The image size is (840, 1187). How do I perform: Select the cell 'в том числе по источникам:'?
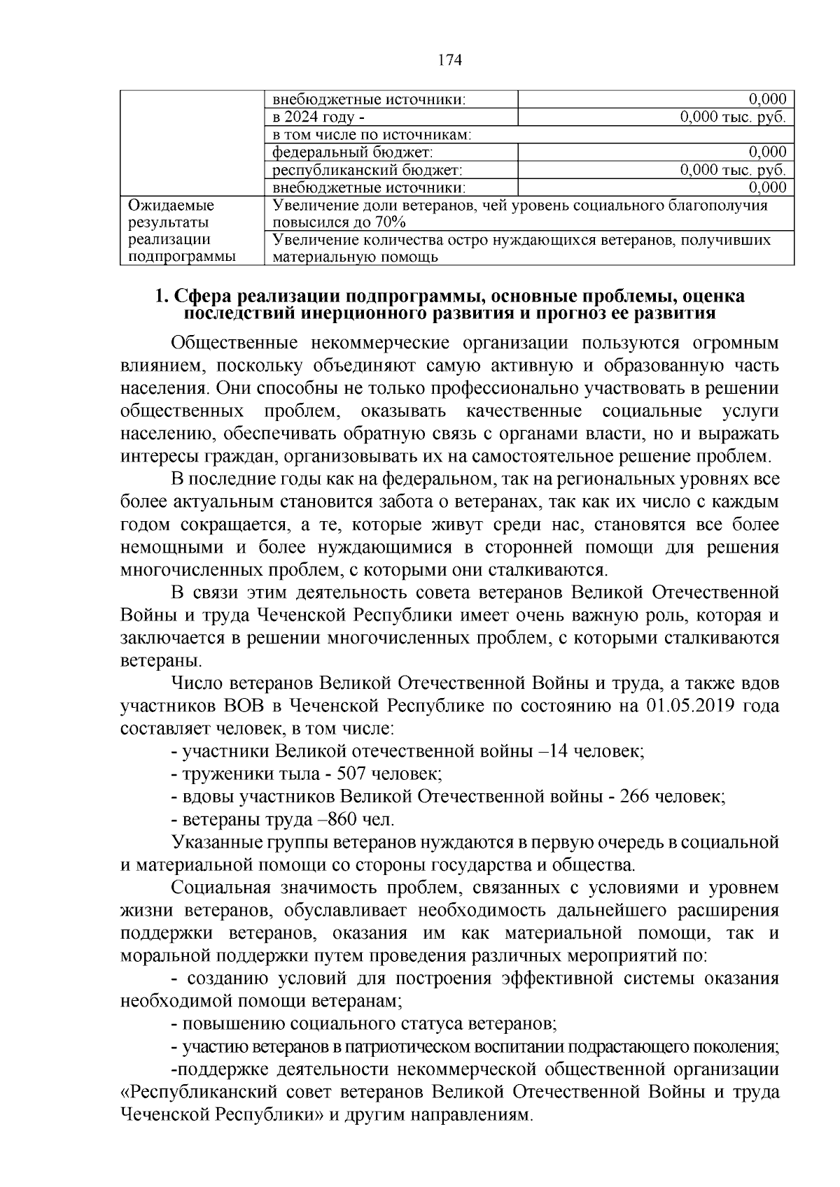pos(371,135)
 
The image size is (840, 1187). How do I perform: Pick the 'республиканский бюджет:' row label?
pos(367,170)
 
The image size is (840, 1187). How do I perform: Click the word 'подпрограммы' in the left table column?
pos(182,257)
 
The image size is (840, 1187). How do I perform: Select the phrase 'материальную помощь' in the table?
pos(355,257)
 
